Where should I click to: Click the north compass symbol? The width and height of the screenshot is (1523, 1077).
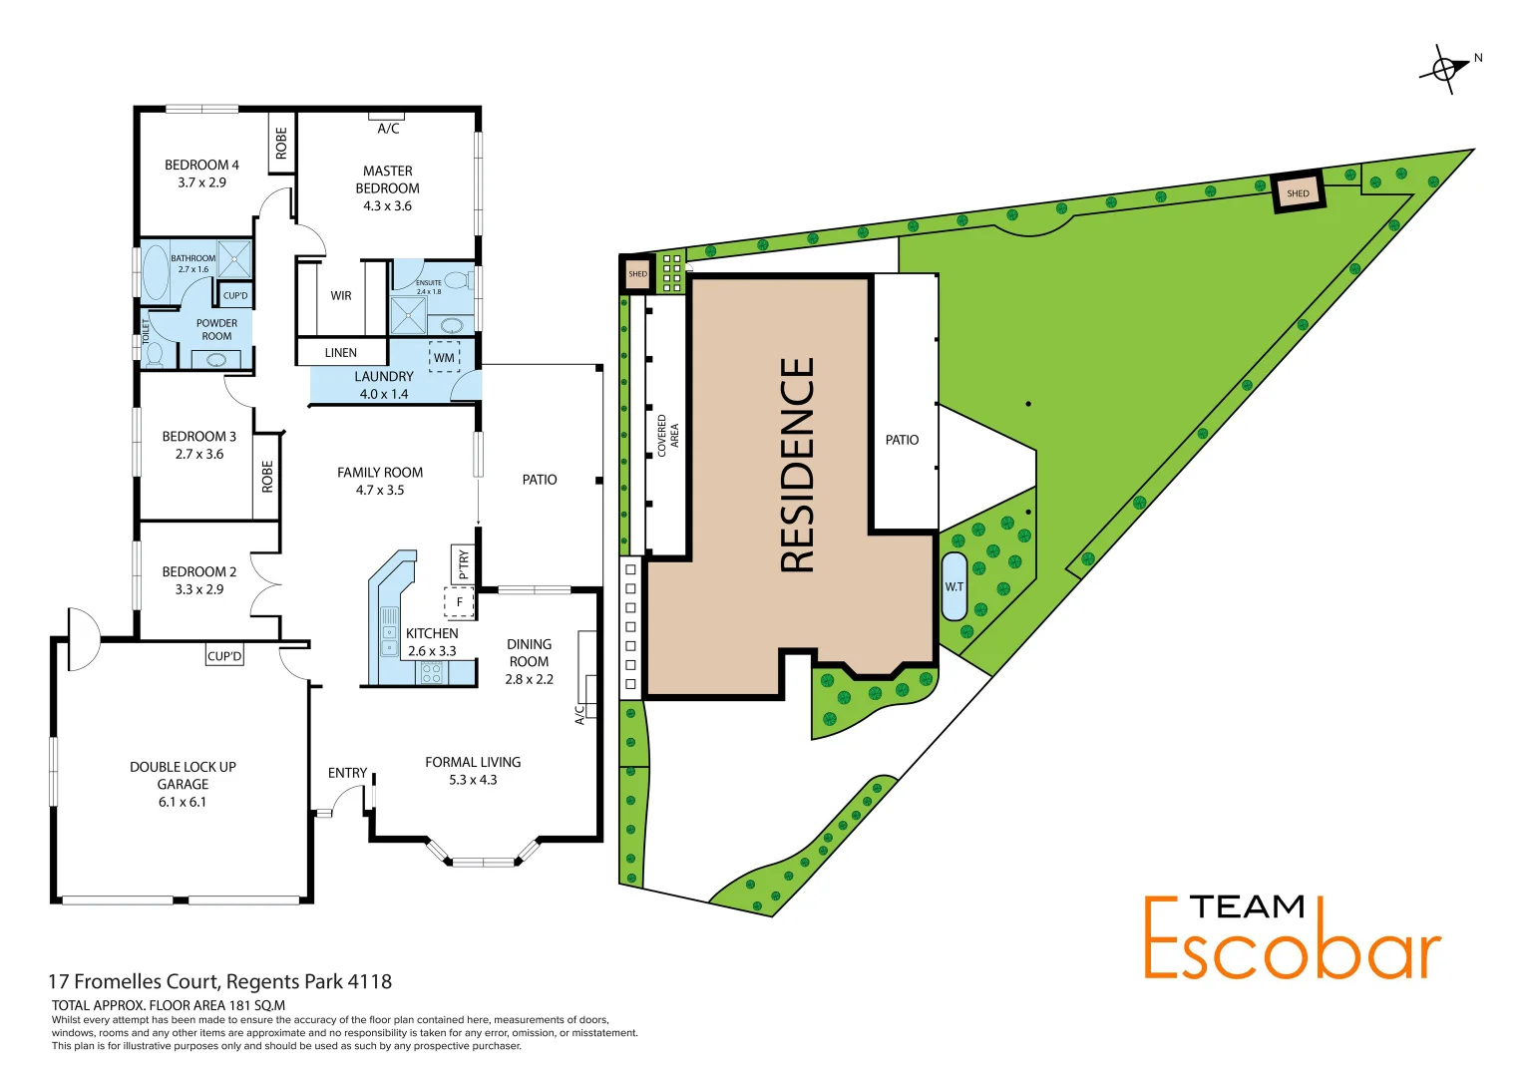coord(1445,69)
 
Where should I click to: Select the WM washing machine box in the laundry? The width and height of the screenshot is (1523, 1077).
coord(444,357)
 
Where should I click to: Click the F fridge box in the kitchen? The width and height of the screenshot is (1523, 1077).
coord(459,602)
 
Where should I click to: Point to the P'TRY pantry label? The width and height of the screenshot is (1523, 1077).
coord(463,565)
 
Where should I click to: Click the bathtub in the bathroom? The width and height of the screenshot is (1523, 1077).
coord(157,272)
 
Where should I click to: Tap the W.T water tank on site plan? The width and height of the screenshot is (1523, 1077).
coord(953,586)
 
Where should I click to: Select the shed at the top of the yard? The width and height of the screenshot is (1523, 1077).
coord(1298,193)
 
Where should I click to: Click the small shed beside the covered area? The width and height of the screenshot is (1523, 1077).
coord(637,273)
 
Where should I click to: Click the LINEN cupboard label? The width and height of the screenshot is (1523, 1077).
coord(340,352)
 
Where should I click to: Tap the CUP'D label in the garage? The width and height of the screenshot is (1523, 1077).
coord(224,656)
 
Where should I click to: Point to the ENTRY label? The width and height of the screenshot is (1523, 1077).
coord(347,773)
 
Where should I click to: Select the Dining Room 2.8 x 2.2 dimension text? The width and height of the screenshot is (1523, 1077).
coord(529,679)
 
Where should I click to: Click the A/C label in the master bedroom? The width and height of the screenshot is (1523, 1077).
coord(388,129)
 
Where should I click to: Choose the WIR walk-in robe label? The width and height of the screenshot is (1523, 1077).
coord(341,296)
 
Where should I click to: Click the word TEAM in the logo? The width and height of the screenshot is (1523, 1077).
coord(1247,906)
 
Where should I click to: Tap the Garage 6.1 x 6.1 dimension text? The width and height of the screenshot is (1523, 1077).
coord(183,802)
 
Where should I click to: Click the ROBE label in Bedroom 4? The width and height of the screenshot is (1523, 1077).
coord(281,143)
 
